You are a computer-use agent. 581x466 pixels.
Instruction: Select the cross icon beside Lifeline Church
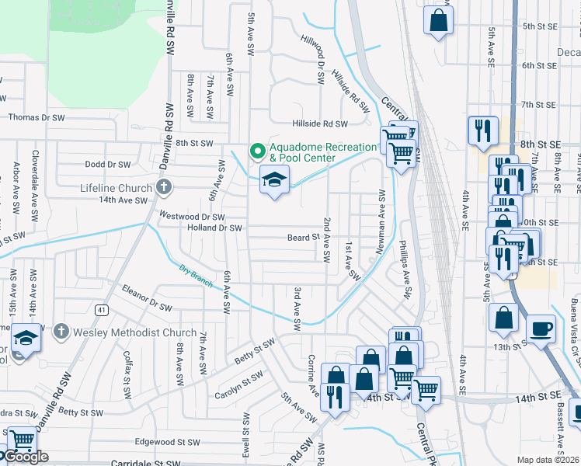tap(162, 187)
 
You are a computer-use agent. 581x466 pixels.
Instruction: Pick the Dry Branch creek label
tap(195, 273)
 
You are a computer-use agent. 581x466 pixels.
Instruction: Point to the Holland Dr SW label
tap(215, 228)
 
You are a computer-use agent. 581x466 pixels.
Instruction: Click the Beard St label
tap(304, 238)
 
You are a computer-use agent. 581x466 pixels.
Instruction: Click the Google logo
tap(25, 457)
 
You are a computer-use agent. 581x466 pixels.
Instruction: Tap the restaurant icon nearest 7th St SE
tap(483, 130)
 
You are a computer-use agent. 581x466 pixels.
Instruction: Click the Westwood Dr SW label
tap(192, 217)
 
